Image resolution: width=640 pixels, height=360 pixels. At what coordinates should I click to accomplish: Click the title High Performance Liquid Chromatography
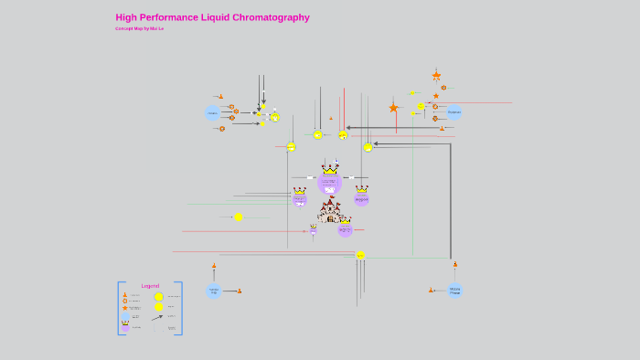point(212,17)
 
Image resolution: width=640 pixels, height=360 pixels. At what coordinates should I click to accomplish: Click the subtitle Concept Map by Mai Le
point(139,28)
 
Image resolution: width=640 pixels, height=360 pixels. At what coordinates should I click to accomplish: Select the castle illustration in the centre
point(330,212)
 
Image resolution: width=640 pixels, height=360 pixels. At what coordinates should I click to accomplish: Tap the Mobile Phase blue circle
point(454,291)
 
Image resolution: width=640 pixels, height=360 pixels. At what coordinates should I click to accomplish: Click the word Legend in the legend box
point(150,286)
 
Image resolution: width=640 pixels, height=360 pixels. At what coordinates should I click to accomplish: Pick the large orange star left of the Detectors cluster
point(394,108)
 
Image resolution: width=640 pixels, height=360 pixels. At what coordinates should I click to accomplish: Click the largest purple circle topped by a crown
point(330,182)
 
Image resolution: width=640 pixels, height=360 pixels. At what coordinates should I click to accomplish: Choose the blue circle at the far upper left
point(213,113)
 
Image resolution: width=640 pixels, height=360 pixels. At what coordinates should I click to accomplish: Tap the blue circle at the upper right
point(454,112)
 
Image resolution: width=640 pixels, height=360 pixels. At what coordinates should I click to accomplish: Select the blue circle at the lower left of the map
point(214,291)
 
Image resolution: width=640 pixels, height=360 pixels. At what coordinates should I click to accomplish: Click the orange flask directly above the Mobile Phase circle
point(454,265)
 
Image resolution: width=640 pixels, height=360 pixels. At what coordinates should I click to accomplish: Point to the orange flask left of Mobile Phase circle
point(431,291)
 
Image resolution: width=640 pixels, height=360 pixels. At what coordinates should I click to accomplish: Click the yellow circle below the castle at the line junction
point(360,256)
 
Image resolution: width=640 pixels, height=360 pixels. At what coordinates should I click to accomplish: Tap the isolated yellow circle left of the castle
point(239,217)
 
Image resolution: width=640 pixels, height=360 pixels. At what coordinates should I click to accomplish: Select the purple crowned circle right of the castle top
point(361,198)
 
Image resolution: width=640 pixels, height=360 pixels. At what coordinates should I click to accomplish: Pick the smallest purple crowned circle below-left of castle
point(314,231)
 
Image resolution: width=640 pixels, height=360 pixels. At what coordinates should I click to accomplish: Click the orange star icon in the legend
point(125,308)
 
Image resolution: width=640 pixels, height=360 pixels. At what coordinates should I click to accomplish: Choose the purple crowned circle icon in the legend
point(125,325)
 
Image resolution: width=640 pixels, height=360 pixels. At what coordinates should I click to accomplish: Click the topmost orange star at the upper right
point(436,76)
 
